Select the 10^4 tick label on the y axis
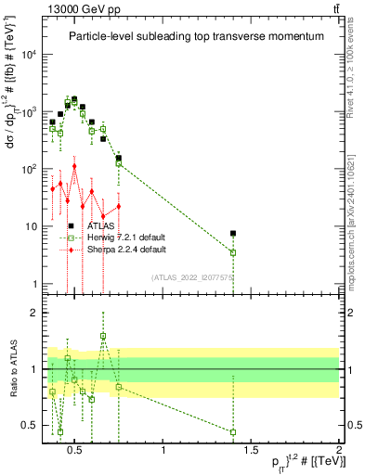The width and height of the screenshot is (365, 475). [30, 54]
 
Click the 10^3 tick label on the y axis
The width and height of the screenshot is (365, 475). [30, 111]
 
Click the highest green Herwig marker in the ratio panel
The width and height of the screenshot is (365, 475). [103, 336]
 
